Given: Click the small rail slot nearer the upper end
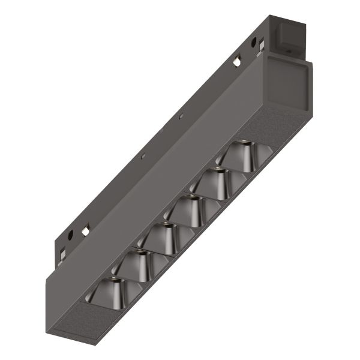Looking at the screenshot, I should pyautogui.click(x=181, y=114).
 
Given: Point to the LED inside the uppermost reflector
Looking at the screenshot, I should pyautogui.click(x=243, y=142).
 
